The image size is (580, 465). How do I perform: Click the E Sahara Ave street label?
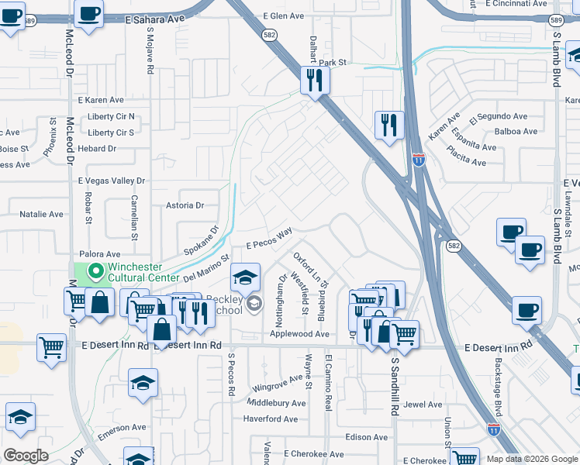[x=155, y=16]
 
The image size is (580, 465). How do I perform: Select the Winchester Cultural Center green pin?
[x=96, y=271]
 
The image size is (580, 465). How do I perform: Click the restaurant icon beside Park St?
[x=315, y=79]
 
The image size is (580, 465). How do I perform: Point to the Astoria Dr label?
[x=185, y=205]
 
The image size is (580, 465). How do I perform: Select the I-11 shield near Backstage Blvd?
[x=494, y=428]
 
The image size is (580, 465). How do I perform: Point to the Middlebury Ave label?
[x=277, y=403]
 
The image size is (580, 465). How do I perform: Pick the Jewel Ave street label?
[x=423, y=404]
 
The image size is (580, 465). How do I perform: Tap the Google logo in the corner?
[x=26, y=456]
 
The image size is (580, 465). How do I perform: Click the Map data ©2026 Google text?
[x=531, y=459]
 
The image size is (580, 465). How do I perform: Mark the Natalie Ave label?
[x=41, y=214]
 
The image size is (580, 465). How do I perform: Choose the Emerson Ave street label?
[x=122, y=427]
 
